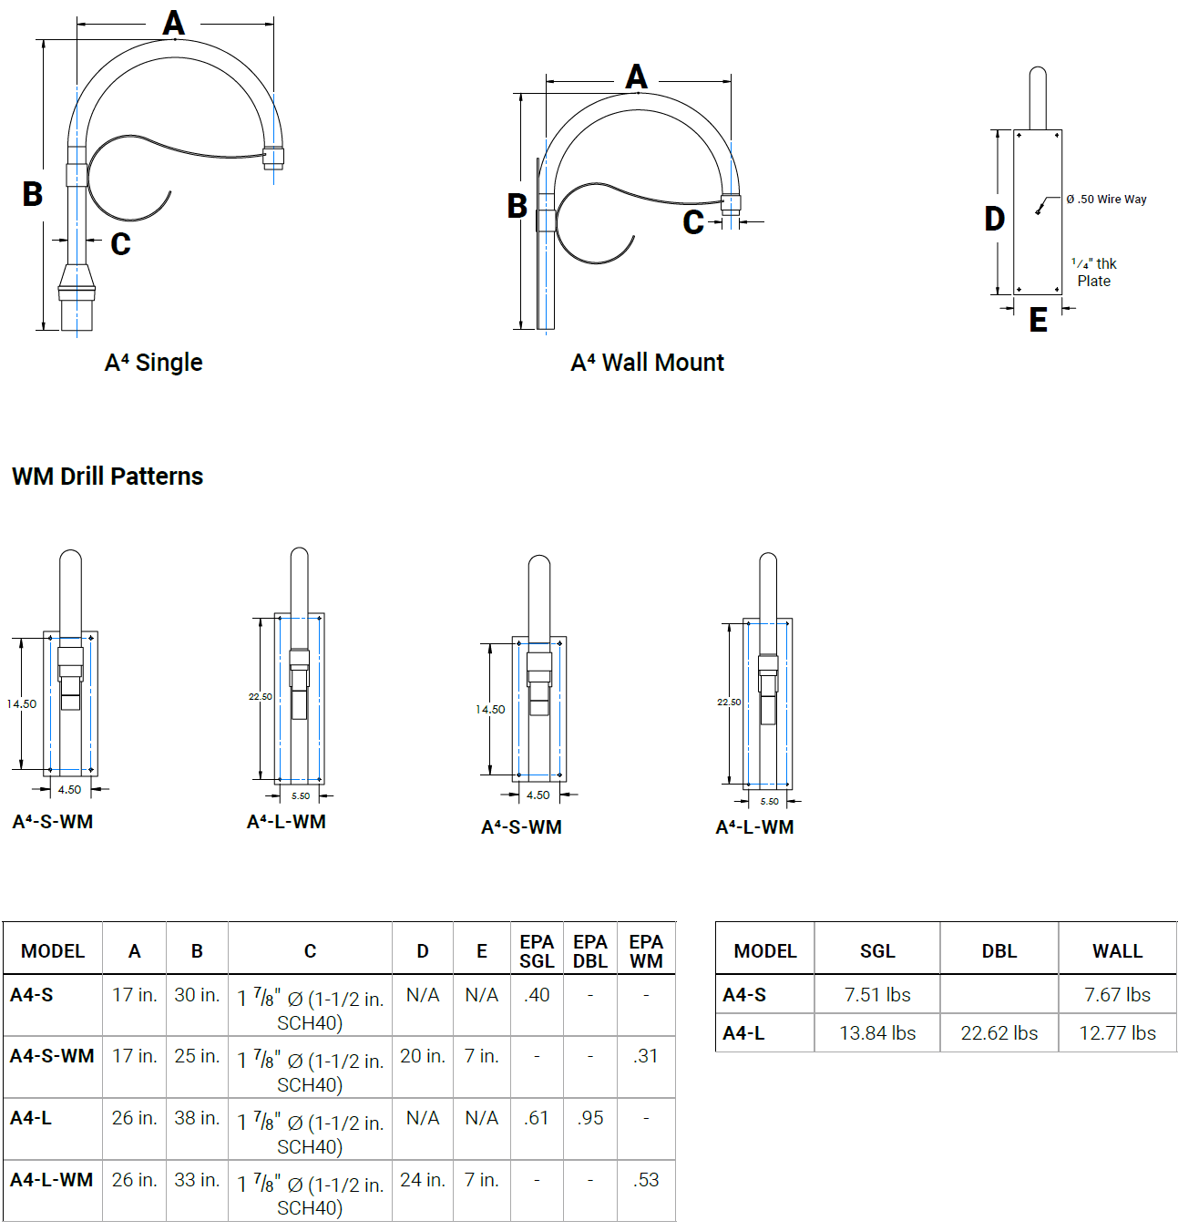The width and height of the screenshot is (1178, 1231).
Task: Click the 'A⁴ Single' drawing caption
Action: point(153,363)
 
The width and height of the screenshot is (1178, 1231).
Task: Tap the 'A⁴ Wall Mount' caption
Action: point(647,363)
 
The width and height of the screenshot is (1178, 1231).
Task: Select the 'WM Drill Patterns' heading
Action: point(108,477)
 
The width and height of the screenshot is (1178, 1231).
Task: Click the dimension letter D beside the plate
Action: point(994,219)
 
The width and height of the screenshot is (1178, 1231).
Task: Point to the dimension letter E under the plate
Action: point(1038,320)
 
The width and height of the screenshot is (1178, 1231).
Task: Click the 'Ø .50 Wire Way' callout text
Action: point(1106,200)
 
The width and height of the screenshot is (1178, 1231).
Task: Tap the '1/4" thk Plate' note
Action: point(1094,272)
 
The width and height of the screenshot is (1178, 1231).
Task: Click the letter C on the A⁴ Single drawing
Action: point(120,244)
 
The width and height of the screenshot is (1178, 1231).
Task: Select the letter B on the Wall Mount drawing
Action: point(517,206)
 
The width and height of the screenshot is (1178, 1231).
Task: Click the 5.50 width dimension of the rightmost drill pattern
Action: point(770,802)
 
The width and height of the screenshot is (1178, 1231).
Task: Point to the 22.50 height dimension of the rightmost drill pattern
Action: point(729,703)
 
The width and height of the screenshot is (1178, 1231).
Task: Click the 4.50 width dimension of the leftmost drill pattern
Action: point(69,790)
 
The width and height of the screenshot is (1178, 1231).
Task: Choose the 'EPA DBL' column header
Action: point(590,951)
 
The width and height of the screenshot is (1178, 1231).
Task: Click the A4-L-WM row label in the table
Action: point(52,1180)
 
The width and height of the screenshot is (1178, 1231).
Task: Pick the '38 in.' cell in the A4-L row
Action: point(197,1118)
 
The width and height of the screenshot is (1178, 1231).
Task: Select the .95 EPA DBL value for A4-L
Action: point(590,1118)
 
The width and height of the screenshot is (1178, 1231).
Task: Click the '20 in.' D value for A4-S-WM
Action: point(423,1056)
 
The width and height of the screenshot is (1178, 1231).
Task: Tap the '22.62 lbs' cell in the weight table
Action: point(999,1033)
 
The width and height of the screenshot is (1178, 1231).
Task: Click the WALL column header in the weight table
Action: point(1117,951)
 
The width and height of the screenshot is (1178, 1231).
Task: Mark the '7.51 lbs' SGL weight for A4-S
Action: point(877,995)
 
